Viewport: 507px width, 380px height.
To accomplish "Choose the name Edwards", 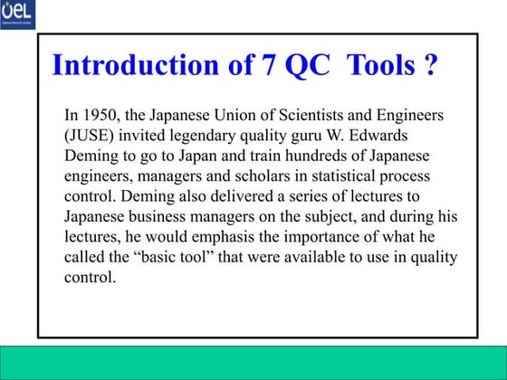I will coord(412,136).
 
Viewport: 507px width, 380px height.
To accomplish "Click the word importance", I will coord(322,237).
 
